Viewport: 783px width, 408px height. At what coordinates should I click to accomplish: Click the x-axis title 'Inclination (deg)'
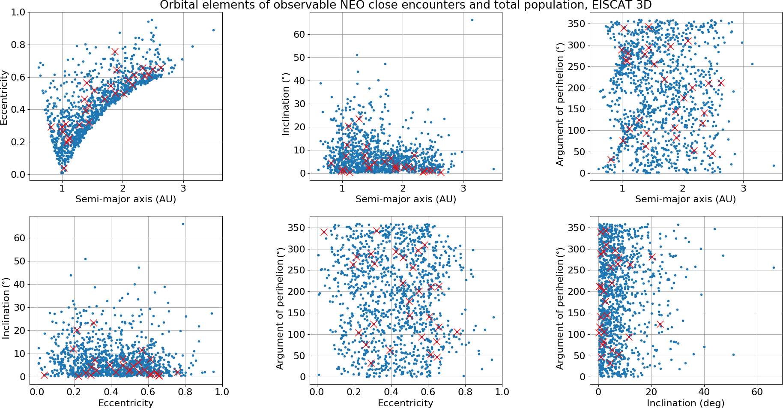[685, 403]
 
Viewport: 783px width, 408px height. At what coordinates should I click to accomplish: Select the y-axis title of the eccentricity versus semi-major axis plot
[4, 98]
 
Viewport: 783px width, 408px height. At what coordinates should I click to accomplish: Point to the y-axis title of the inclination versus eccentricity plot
[6, 308]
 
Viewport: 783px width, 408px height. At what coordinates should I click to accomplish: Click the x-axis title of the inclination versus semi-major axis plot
[406, 199]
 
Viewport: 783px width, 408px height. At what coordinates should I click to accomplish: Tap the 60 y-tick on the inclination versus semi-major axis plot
[299, 34]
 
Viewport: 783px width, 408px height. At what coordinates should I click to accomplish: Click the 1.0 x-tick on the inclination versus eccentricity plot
[222, 392]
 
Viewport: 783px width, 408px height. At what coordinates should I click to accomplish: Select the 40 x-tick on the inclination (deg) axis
[704, 392]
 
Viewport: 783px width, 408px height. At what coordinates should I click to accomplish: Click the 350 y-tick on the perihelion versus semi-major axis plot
[576, 24]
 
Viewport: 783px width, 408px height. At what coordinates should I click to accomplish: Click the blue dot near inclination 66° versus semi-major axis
[472, 20]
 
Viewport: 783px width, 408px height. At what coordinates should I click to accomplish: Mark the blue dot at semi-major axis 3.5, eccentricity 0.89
[213, 30]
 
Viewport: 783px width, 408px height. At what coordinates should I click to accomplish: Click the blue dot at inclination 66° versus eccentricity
[183, 224]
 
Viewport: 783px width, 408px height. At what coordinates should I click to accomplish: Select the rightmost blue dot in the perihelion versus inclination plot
[774, 267]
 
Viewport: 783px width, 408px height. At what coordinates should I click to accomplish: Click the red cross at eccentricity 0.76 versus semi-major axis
[115, 52]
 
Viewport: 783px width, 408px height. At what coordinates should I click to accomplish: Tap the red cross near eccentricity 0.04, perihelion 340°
[324, 232]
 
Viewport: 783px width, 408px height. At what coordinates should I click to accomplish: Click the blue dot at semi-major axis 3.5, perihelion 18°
[774, 165]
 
